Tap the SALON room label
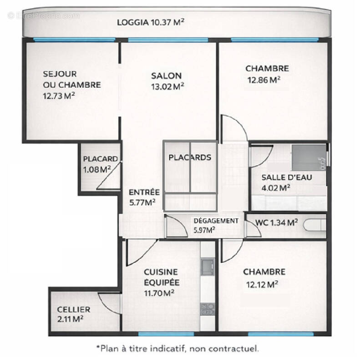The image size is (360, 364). [x=167, y=76]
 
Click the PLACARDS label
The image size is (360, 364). [x=190, y=158]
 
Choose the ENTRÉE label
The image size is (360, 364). [x=144, y=192]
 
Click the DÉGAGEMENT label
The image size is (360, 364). [x=216, y=221]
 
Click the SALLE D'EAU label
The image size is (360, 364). [x=287, y=177]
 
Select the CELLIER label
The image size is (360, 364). [x=73, y=309]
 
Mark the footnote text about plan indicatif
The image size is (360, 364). [x=177, y=349]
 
